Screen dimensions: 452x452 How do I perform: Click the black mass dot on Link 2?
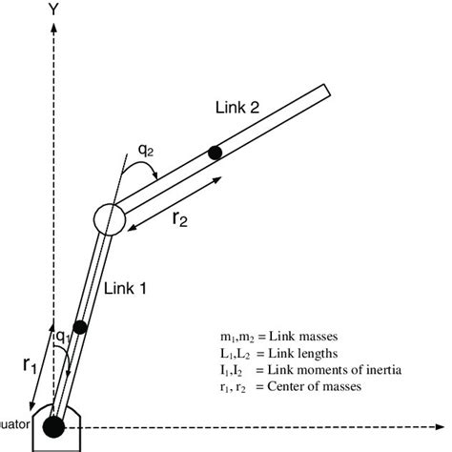[216, 152]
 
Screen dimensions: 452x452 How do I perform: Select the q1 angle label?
[62, 336]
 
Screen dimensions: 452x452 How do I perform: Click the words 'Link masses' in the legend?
[307, 337]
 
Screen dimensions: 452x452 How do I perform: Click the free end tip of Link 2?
[325, 91]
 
